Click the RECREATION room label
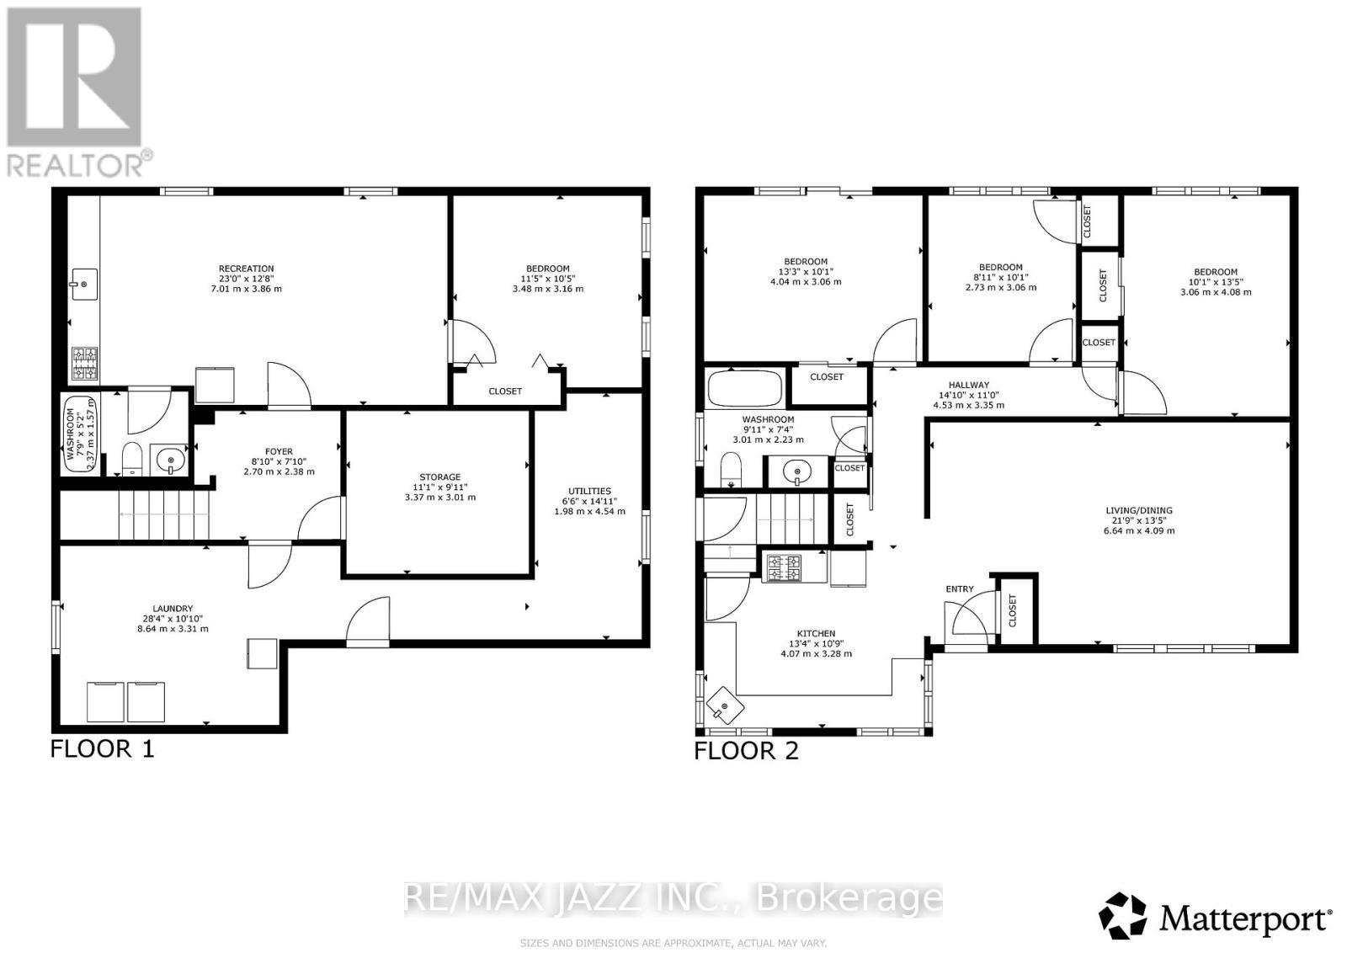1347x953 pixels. [x=246, y=269]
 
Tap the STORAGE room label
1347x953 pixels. [x=439, y=476]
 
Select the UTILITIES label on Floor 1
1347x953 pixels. [x=589, y=491]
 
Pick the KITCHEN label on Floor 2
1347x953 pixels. [x=816, y=634]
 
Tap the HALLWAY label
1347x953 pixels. [x=968, y=385]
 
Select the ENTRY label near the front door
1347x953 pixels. [x=959, y=589]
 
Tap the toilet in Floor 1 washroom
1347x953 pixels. [x=132, y=460]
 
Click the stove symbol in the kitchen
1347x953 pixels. [x=782, y=567]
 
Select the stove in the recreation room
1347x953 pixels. [x=85, y=364]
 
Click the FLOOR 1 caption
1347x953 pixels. [x=102, y=748]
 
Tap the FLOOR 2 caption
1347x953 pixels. [x=746, y=750]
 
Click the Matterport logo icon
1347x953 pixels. [x=1124, y=915]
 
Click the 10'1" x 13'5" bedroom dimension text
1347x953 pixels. [x=1215, y=282]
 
